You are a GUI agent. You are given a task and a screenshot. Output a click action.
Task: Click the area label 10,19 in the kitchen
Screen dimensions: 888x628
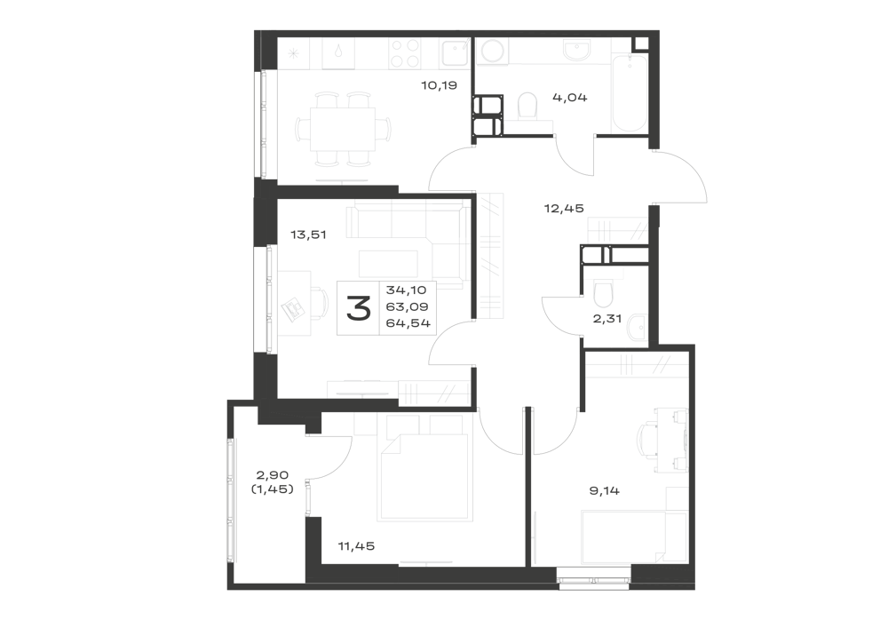[439, 85]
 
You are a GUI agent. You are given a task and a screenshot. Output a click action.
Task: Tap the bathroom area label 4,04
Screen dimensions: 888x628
[570, 98]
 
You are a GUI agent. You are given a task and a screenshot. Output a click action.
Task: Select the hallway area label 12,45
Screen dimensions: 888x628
[564, 209]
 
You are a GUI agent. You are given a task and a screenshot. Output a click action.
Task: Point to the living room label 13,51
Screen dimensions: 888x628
[309, 234]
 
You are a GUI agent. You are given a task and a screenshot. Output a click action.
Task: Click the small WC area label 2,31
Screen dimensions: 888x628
[607, 318]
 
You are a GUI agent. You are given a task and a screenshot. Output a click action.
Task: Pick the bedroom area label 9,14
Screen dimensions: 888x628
[604, 490]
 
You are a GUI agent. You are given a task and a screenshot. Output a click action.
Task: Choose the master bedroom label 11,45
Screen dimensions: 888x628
[356, 546]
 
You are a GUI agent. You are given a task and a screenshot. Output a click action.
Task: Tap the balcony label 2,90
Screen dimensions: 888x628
[273, 475]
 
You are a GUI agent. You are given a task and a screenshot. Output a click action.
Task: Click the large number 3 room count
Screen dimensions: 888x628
[359, 308]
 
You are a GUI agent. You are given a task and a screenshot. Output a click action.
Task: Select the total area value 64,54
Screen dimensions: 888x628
[408, 323]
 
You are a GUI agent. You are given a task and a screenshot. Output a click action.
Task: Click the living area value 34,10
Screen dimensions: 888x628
[407, 290]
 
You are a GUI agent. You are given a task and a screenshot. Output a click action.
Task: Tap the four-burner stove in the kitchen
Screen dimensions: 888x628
[405, 54]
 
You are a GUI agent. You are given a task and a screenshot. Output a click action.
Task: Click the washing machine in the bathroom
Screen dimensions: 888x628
[492, 52]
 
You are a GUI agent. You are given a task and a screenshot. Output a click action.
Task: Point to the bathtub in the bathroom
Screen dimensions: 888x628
[630, 93]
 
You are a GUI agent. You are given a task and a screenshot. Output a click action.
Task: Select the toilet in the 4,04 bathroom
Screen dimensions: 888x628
[527, 107]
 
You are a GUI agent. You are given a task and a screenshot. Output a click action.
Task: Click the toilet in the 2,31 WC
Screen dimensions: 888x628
[603, 293]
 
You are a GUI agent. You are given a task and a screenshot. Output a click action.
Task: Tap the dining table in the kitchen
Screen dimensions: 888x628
[342, 129]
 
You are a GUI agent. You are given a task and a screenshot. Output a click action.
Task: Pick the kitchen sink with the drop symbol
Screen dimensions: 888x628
[338, 54]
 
